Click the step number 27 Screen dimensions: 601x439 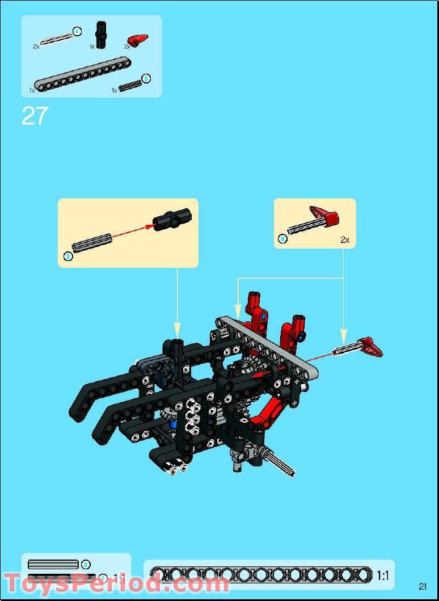tap(34, 116)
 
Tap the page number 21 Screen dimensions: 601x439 tap(423, 586)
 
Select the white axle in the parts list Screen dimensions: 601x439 tap(57, 38)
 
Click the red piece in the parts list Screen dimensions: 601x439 tap(138, 40)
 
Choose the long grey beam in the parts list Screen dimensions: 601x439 tap(79, 77)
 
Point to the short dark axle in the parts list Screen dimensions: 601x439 tap(130, 85)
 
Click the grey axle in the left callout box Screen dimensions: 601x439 tap(92, 243)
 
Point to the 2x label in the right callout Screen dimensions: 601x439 tap(345, 240)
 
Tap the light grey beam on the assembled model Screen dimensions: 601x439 tap(267, 346)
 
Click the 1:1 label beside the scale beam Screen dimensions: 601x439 tap(382, 575)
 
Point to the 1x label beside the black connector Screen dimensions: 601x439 tap(92, 47)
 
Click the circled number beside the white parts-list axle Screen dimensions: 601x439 tap(77, 31)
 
